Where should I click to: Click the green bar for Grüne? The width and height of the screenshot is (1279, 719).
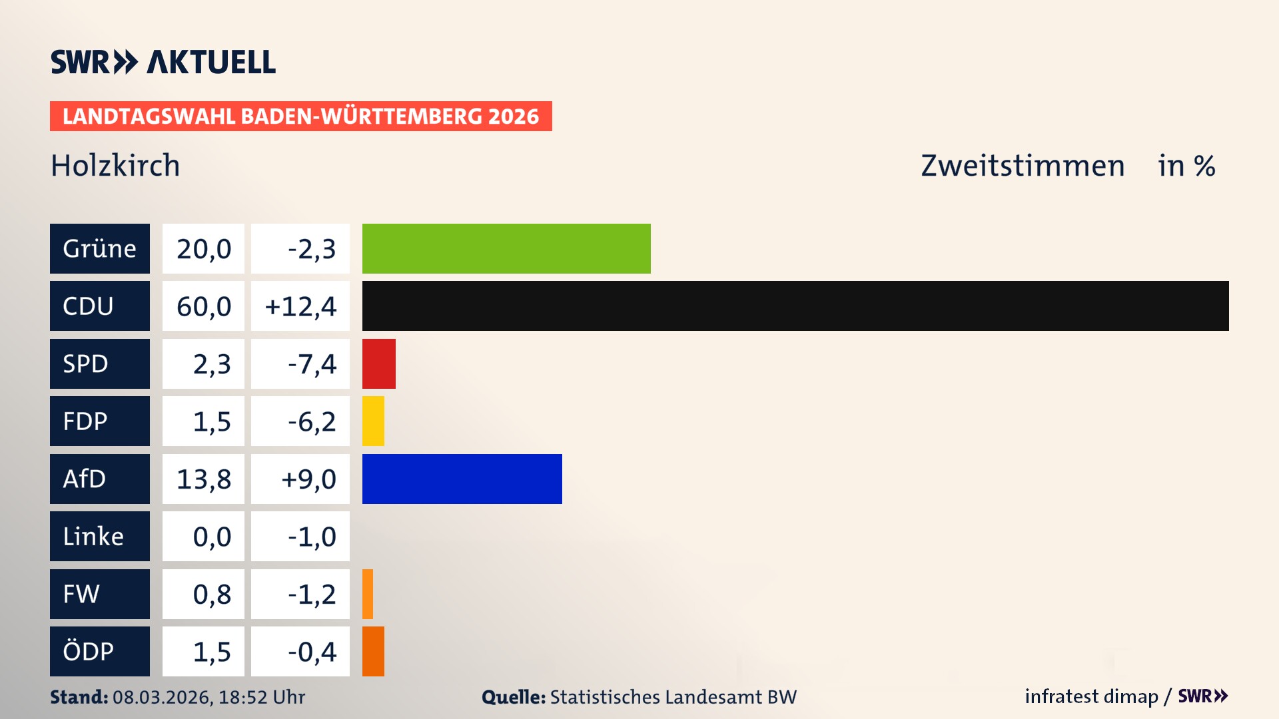(506, 248)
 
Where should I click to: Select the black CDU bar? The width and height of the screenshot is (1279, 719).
(795, 306)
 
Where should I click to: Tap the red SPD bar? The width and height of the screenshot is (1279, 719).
(378, 363)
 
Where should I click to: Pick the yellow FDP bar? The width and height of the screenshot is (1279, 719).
(373, 421)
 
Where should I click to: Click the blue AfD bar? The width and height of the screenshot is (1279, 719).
(462, 479)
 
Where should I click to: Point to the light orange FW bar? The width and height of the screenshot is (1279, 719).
(368, 594)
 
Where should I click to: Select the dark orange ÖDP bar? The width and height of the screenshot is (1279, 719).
(373, 651)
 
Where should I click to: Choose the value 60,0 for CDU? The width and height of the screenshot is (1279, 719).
(204, 306)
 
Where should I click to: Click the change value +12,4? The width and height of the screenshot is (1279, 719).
(300, 306)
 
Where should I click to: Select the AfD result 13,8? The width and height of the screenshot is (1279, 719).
(204, 479)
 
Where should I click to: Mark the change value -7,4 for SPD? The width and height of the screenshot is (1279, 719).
(311, 363)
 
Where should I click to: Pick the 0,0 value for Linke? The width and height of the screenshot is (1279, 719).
(211, 537)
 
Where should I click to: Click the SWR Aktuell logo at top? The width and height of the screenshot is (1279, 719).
(163, 62)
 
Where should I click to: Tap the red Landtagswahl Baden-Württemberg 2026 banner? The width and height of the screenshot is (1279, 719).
(300, 116)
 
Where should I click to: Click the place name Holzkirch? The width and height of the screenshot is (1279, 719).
(115, 165)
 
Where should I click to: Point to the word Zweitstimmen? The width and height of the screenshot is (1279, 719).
(1023, 165)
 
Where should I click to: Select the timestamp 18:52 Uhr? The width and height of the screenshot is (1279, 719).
(261, 697)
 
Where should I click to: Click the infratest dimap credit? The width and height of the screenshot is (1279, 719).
(1091, 696)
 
